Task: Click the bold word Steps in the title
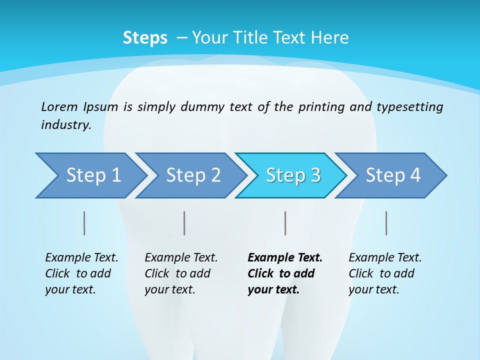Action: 145,38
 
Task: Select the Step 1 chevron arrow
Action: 93,175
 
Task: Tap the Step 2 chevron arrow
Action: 193,175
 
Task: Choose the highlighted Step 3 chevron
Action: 293,175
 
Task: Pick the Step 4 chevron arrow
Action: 393,175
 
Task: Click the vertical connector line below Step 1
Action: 84,223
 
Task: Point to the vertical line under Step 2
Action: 184,223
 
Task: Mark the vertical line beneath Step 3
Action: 285,223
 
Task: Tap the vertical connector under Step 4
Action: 386,223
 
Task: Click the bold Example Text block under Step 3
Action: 284,273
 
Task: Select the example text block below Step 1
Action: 81,273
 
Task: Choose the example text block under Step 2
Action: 180,273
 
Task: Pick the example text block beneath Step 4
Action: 384,273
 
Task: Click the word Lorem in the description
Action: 59,107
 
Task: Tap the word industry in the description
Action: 65,125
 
